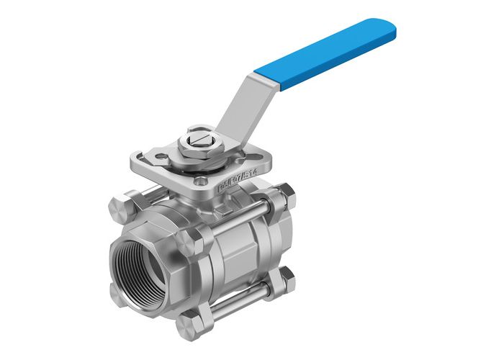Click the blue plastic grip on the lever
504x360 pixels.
[x=335, y=54]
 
